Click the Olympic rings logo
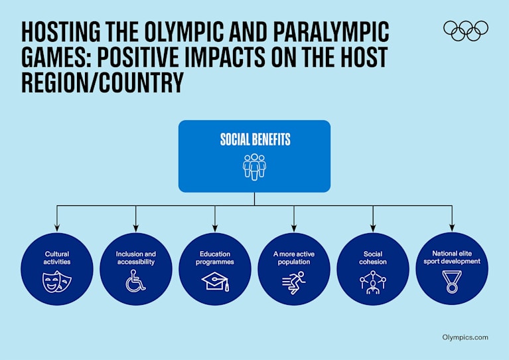465,30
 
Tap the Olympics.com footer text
465,337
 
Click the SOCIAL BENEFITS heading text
255,140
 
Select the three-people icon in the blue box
254,166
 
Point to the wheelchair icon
135,282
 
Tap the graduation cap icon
215,282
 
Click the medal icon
452,284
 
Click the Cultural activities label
56,258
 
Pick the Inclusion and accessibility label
135,258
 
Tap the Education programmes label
215,258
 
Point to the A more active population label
294,258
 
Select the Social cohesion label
373,258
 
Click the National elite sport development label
452,257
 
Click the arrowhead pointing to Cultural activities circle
56,228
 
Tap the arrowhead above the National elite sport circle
452,228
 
